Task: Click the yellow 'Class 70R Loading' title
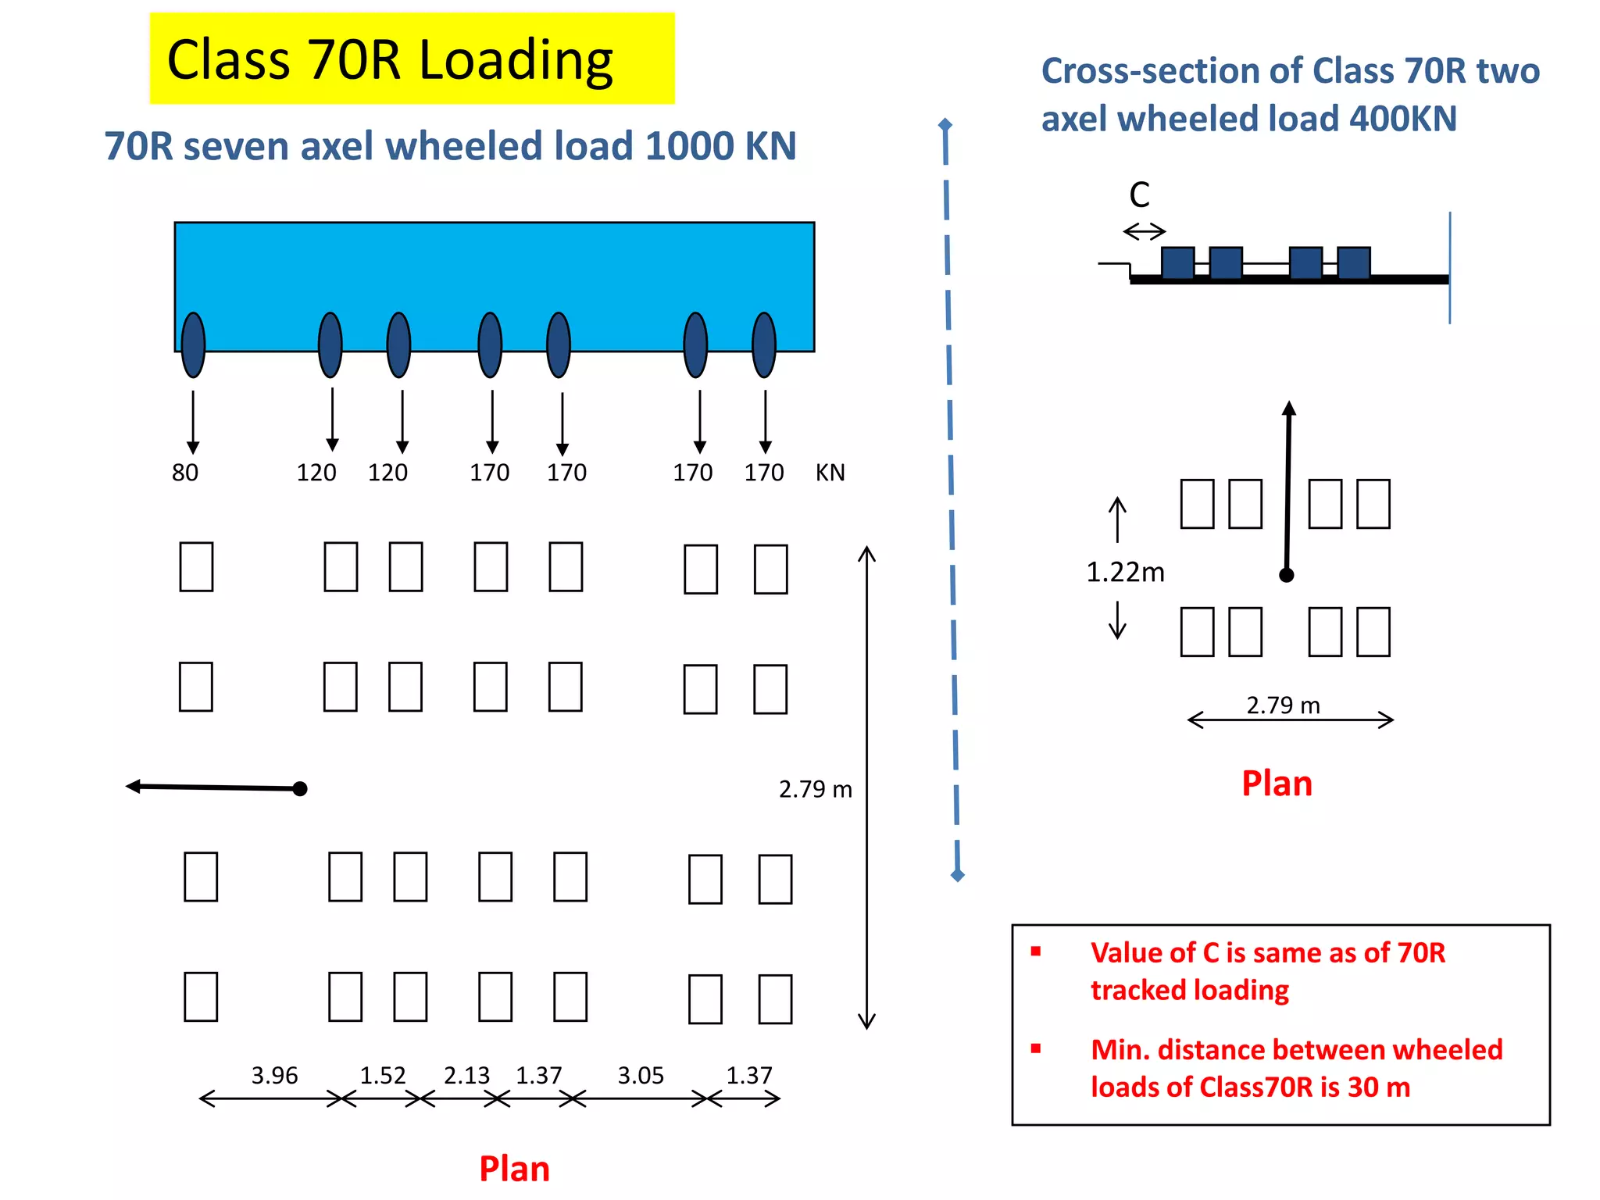pos(391,59)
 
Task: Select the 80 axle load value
pos(185,473)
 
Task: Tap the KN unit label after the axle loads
pos(830,473)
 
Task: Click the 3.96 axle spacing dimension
pos(274,1076)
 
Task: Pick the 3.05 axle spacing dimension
pos(641,1076)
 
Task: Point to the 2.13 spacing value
pos(466,1076)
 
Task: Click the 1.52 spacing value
pos(383,1076)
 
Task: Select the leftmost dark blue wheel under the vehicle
pos(193,345)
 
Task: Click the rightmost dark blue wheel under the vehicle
pos(763,345)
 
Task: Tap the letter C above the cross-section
pos(1139,195)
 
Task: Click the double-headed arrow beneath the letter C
pos(1145,231)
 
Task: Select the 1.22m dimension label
pos(1125,573)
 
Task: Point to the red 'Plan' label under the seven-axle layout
pos(514,1169)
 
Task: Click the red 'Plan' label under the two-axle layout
pos(1277,784)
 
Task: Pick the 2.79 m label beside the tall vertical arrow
pos(815,789)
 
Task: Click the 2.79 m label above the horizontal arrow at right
pos(1283,705)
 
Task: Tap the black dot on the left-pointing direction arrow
pos(300,789)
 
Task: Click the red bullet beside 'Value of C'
pos(1036,952)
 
